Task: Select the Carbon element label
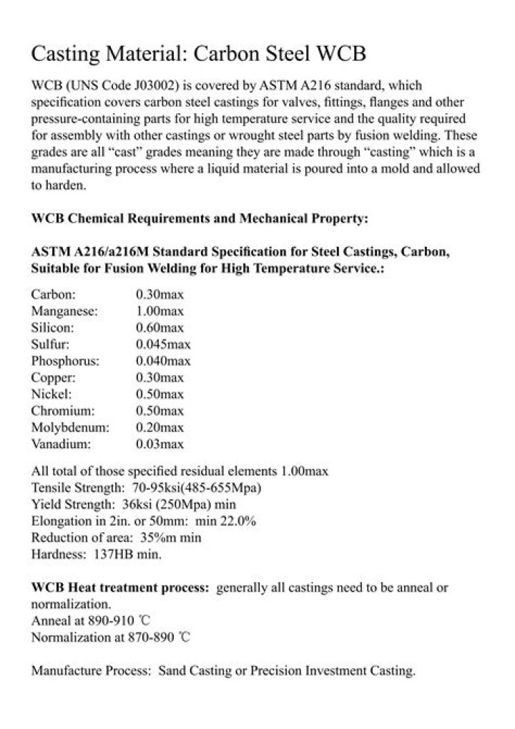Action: (54, 294)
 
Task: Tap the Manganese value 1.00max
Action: (160, 311)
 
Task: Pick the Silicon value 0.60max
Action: (160, 327)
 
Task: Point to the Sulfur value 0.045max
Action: (163, 344)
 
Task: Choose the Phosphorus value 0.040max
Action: (163, 361)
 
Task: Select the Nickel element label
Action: (50, 395)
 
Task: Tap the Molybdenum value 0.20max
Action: (160, 428)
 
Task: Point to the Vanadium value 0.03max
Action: (160, 445)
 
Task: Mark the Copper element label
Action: (53, 377)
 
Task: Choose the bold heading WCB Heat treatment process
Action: (120, 588)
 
